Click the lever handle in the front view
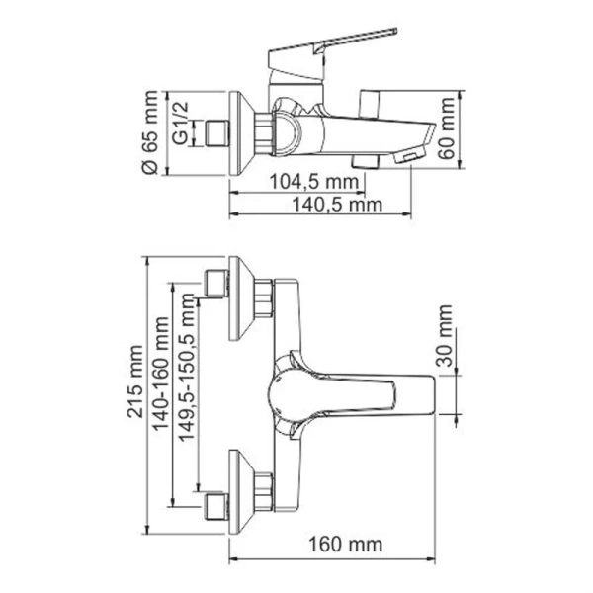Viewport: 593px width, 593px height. coord(366,389)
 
